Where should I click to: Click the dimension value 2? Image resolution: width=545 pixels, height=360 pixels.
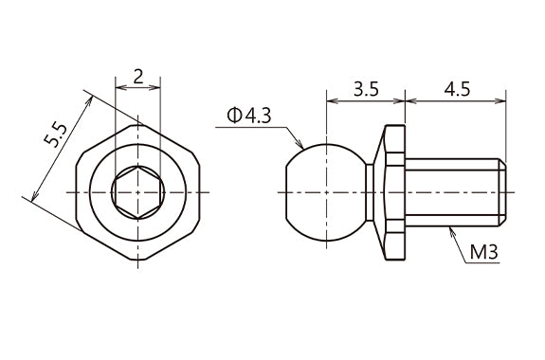coord(138,77)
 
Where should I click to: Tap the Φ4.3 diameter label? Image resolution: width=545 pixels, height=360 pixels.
coord(248,116)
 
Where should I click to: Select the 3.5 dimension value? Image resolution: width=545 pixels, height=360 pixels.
coord(365,91)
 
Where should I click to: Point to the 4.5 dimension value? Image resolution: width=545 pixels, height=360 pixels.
coord(457,91)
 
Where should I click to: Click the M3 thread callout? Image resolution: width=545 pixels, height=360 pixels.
coord(487,254)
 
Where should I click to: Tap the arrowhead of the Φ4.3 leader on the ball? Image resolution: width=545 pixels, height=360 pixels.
coord(302,150)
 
